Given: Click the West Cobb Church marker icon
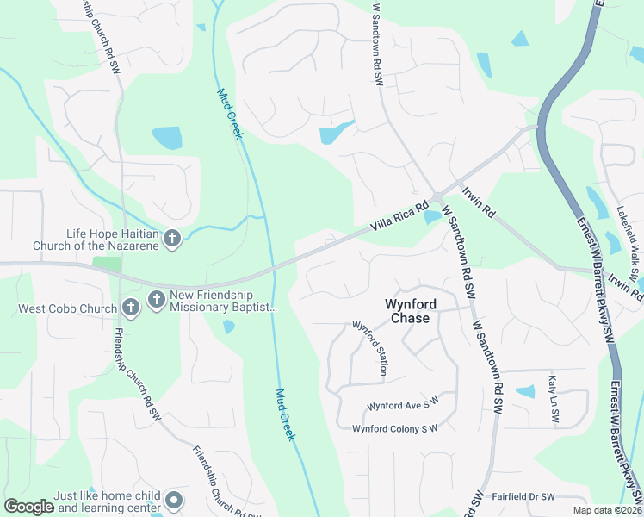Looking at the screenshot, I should coord(130,307).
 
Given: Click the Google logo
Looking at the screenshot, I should coord(28,507).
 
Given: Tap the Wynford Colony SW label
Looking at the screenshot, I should coord(395,428).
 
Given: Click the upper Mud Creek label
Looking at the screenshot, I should coord(230,114).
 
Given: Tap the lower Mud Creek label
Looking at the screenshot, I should coord(285,414).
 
